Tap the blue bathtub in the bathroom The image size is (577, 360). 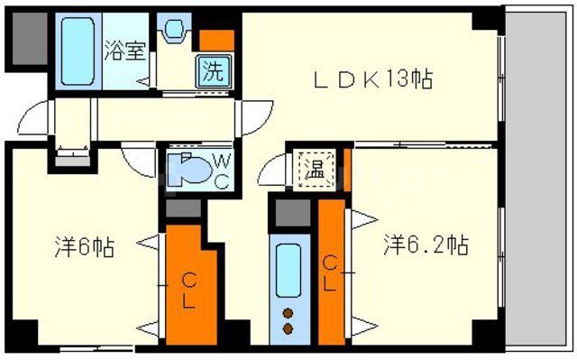[x=78, y=51]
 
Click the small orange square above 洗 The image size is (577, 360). [x=216, y=39]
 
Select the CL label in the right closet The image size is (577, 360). [x=331, y=272]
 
